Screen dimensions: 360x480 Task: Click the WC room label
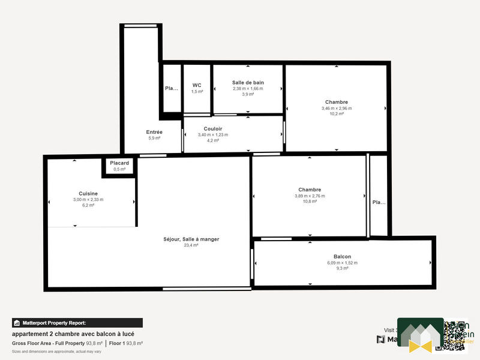tap(197, 85)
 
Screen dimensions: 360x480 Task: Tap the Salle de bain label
tap(248, 82)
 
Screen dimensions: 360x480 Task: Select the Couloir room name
tap(213, 128)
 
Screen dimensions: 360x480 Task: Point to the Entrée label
tap(154, 132)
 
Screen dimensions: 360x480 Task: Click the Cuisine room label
tap(88, 193)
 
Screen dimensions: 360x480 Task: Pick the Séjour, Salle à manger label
tap(191, 239)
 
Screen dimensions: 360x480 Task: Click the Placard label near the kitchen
tap(119, 163)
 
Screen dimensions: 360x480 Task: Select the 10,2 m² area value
tap(336, 114)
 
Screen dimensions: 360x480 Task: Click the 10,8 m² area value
tap(310, 202)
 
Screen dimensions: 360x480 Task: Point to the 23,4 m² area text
tap(191, 245)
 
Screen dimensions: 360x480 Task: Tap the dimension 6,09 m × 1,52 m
tap(342, 262)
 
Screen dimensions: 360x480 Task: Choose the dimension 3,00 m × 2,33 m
tap(88, 199)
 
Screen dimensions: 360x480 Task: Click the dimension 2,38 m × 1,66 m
tap(248, 88)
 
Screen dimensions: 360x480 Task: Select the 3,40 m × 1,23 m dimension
tap(213, 134)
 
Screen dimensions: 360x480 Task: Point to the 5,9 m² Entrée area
tap(154, 138)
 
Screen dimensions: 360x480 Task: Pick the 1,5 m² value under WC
tap(197, 91)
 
